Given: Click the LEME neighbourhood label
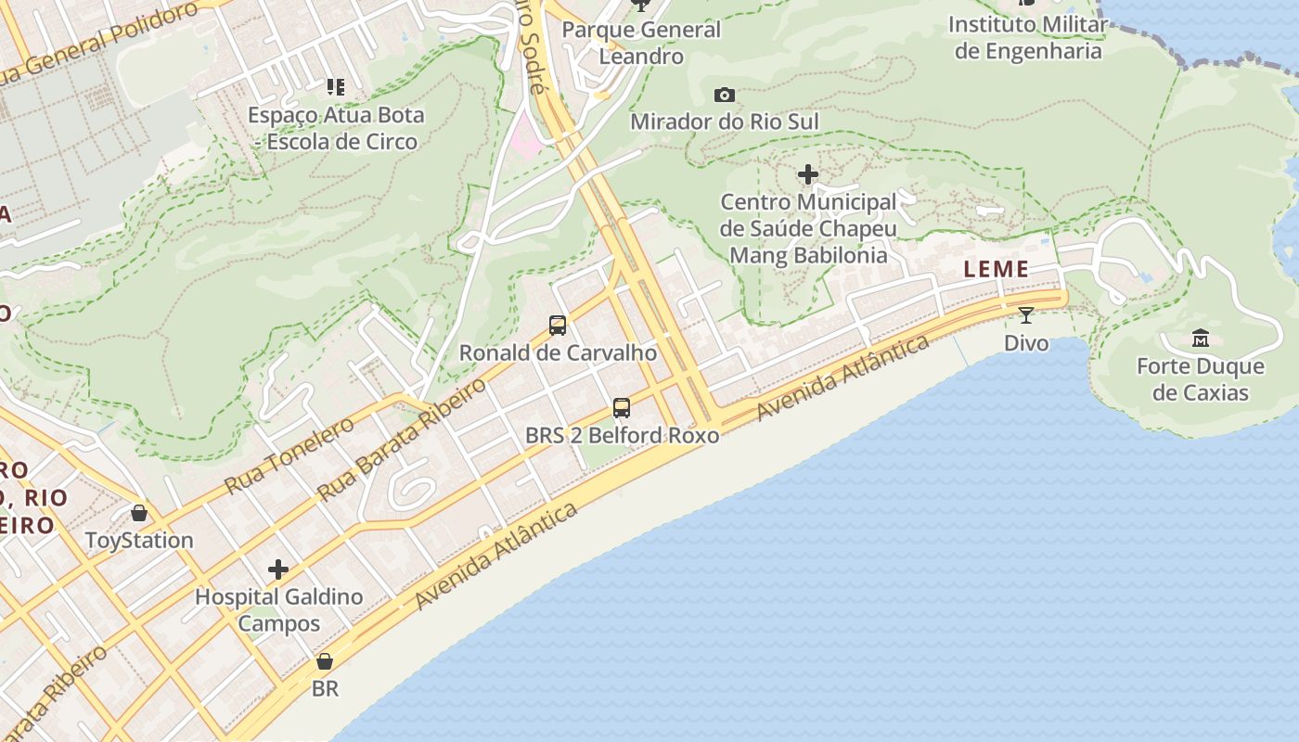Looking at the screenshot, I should pos(997,270).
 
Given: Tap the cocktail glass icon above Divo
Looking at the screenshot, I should pos(1026,315).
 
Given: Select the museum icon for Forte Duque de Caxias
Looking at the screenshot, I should pos(1200,338).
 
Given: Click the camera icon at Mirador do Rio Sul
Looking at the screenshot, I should pos(725,95).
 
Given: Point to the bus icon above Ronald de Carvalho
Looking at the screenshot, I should pos(558,325).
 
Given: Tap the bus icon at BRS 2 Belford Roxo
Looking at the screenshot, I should pos(622,407).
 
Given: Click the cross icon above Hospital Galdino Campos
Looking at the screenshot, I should pos(277,569).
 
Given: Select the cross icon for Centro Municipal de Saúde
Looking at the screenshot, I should pos(808,173).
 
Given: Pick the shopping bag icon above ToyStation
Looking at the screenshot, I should pos(139,512).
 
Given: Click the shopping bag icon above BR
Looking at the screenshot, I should pos(325,660).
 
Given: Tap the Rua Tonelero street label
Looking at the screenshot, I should pos(289,455).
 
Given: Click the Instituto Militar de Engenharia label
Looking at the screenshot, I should pos(1028,37).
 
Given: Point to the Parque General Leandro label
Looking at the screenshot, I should pos(641,43).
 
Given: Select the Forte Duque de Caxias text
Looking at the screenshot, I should pos(1201,379).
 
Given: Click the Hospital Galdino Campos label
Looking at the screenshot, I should pos(278,609).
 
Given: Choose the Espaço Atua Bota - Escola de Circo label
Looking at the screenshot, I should pos(336,128).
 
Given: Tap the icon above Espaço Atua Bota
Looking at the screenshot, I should pos(336,87).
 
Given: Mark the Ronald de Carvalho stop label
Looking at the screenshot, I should pos(558,353).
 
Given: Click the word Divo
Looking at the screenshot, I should pos(1026,343).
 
